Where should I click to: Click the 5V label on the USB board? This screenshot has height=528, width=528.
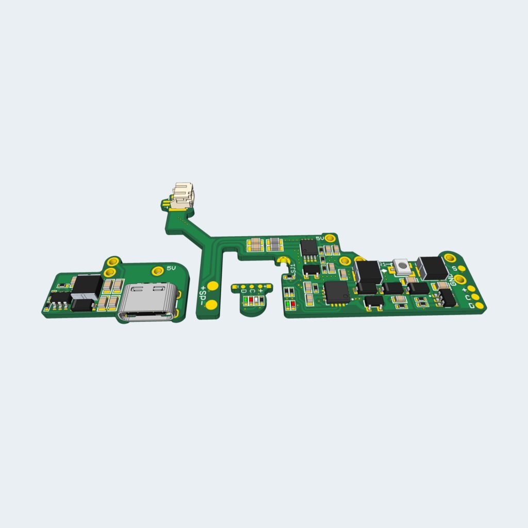click(171, 268)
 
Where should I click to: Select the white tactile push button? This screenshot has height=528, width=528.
click(401, 266)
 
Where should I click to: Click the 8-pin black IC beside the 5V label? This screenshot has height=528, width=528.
click(309, 247)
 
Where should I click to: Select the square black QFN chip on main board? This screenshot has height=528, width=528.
click(337, 291)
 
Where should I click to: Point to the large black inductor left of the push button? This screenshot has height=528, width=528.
click(368, 272)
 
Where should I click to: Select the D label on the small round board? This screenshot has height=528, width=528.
click(243, 291)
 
